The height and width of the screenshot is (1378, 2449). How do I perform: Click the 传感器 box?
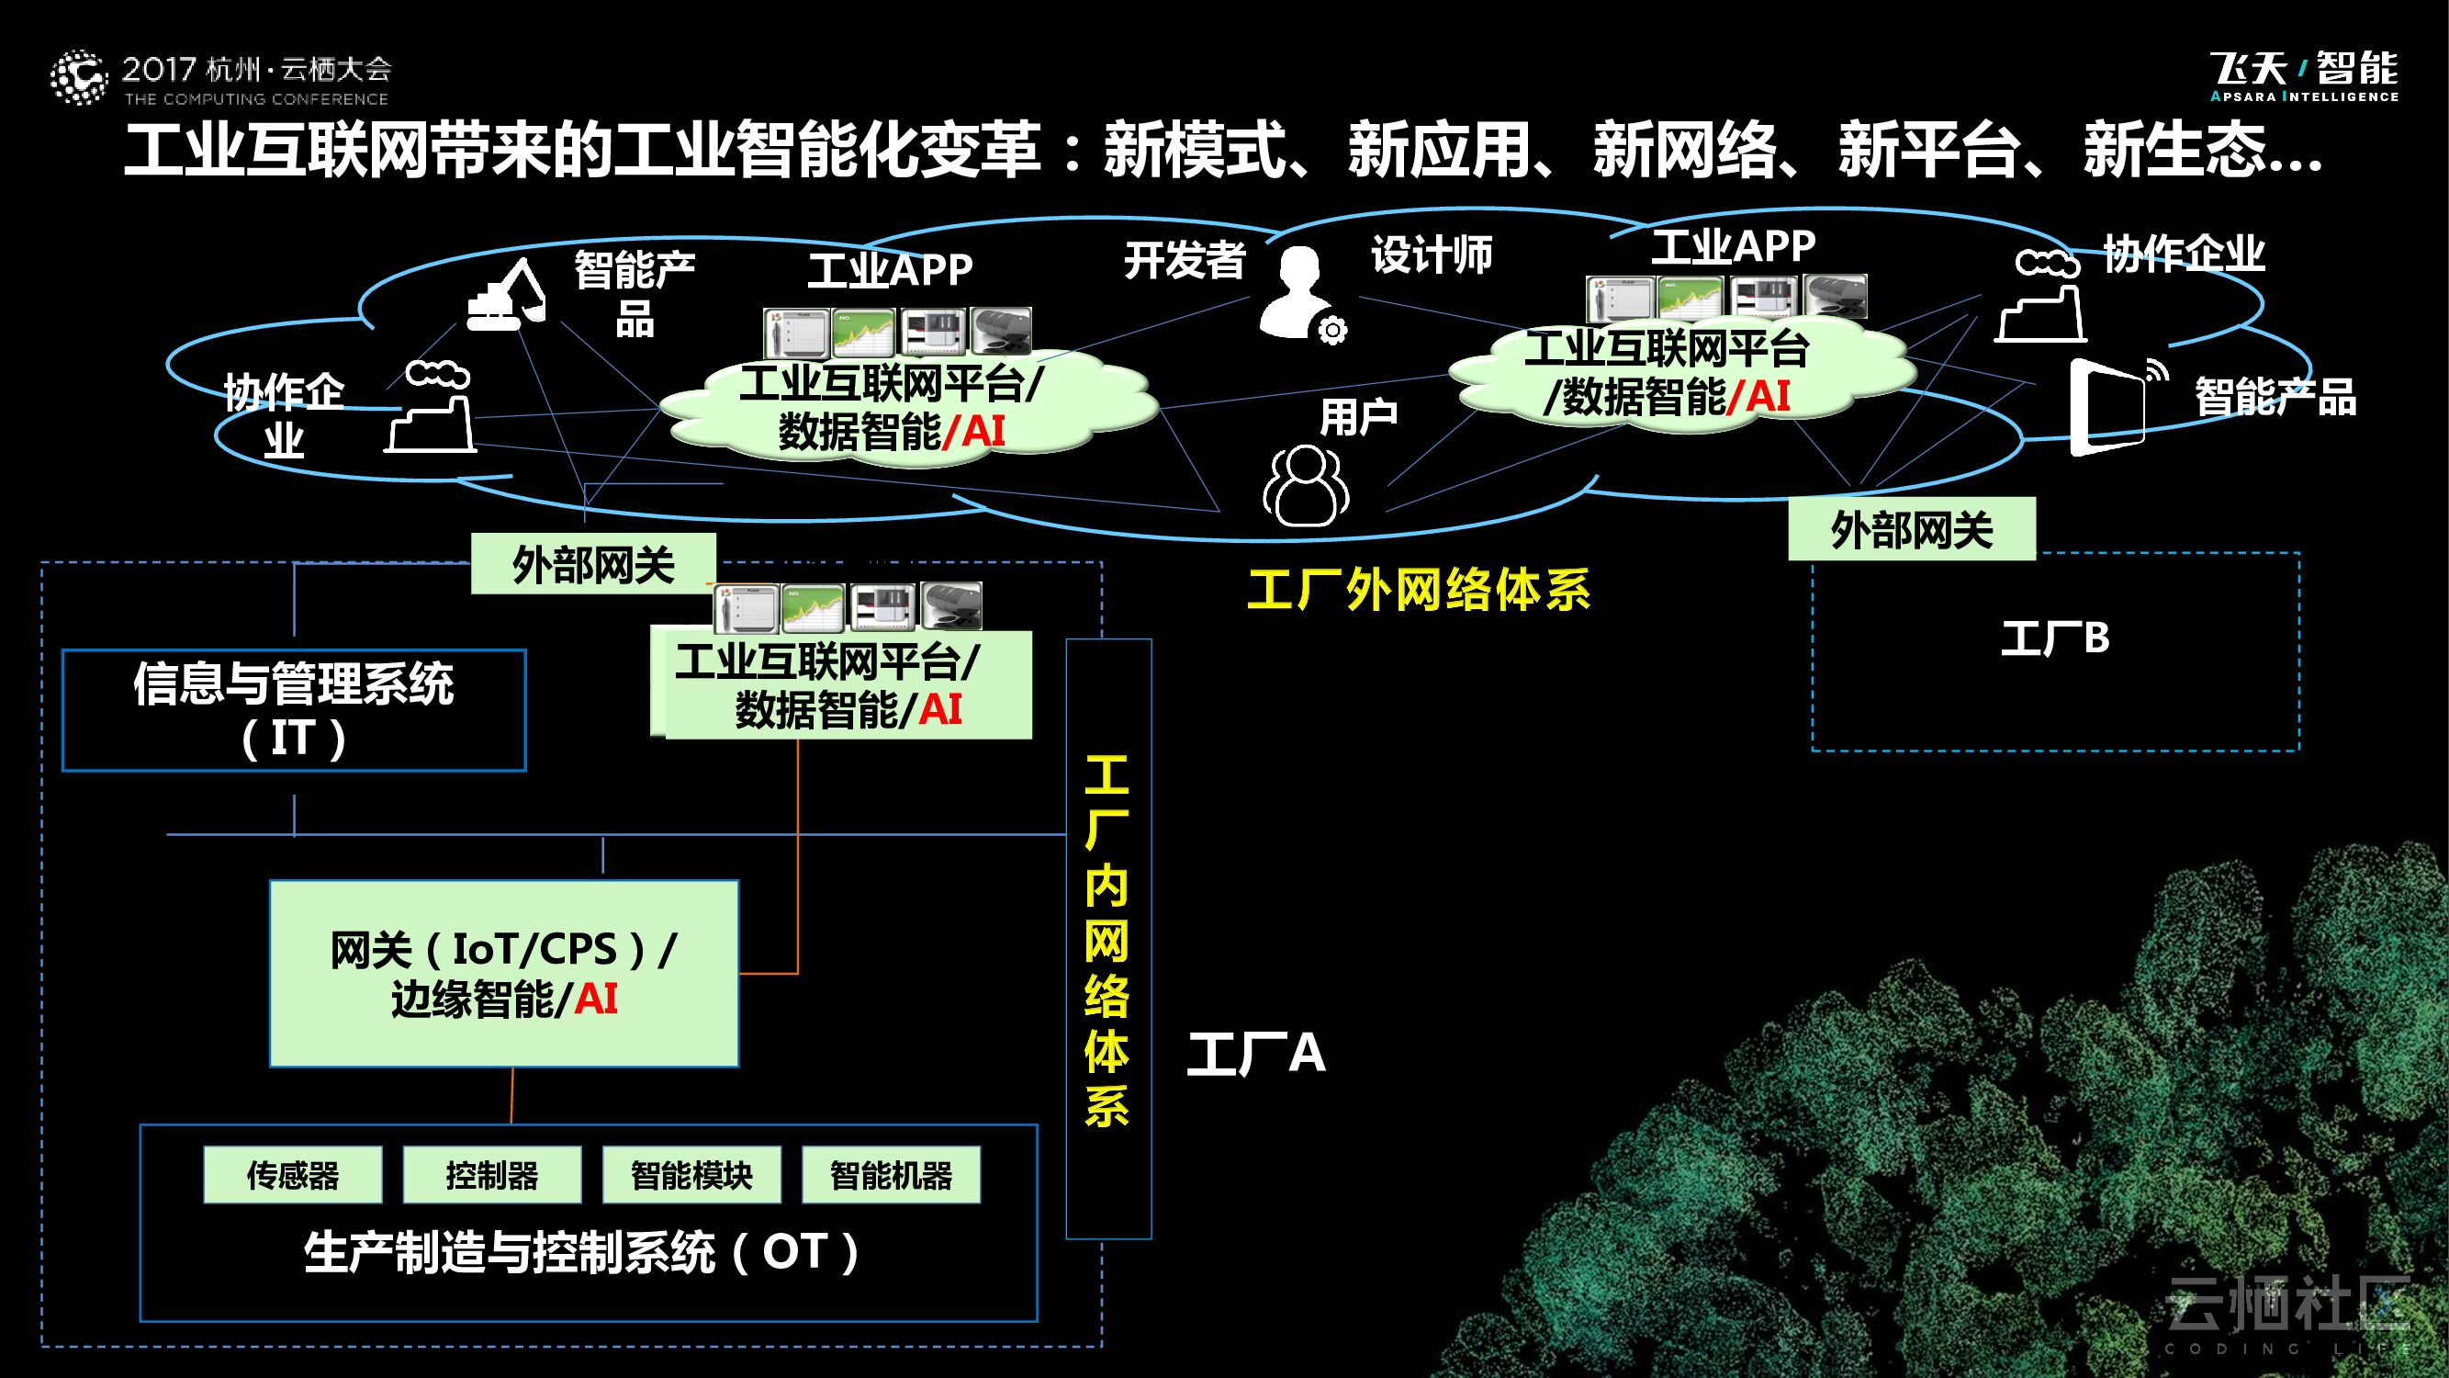[293, 1176]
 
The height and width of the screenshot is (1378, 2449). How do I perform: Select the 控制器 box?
[491, 1176]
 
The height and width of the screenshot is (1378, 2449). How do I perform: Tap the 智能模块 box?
[691, 1176]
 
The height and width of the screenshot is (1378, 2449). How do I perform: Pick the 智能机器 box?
[891, 1176]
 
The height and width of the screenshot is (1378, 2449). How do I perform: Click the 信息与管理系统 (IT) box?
[294, 709]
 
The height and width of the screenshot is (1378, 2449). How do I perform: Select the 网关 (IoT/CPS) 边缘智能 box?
[504, 973]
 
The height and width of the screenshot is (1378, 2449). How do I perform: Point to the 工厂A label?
[1256, 1054]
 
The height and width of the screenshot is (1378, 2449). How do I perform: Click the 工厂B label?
[2054, 638]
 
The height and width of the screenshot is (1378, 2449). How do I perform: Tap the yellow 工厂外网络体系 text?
[1419, 590]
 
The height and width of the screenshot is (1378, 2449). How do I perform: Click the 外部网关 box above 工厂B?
[1911, 529]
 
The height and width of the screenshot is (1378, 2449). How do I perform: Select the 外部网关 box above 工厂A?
[593, 564]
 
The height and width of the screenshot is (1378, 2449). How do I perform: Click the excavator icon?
[506, 296]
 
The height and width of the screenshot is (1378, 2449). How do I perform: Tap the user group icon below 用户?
[1306, 486]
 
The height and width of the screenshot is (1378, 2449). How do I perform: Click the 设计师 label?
[1431, 254]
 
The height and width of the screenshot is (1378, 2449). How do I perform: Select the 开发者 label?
[1185, 260]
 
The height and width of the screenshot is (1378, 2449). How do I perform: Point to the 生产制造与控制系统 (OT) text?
[582, 1251]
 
